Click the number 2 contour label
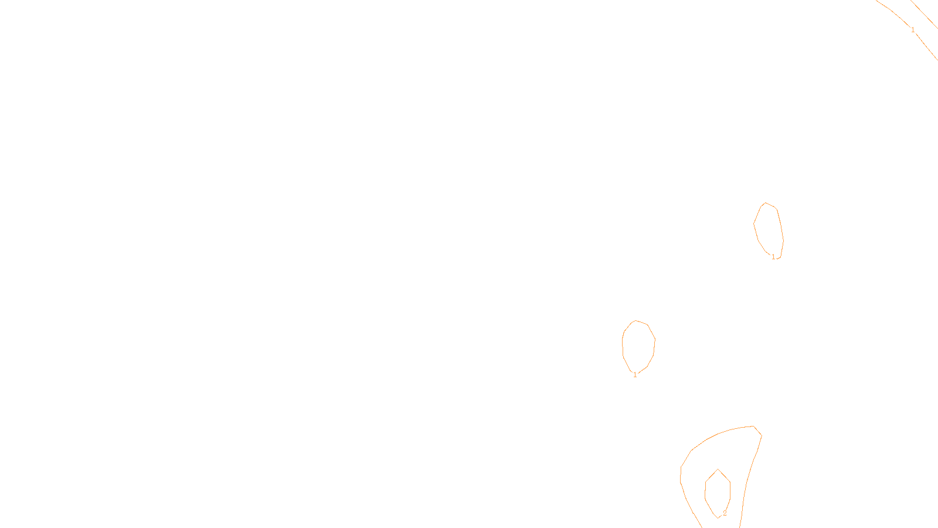click(725, 513)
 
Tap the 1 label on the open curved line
click(913, 30)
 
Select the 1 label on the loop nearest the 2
click(635, 375)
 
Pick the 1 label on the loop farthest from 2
click(773, 257)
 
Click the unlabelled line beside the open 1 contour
click(924, 14)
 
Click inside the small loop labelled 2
click(718, 492)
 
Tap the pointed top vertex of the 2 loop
click(718, 469)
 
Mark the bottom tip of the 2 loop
click(718, 518)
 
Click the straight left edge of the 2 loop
click(705, 490)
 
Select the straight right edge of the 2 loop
click(730, 490)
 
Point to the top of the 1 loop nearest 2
click(635, 320)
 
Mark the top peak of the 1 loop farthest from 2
click(766, 203)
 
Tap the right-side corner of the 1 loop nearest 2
click(655, 340)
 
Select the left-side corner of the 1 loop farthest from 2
click(754, 224)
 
